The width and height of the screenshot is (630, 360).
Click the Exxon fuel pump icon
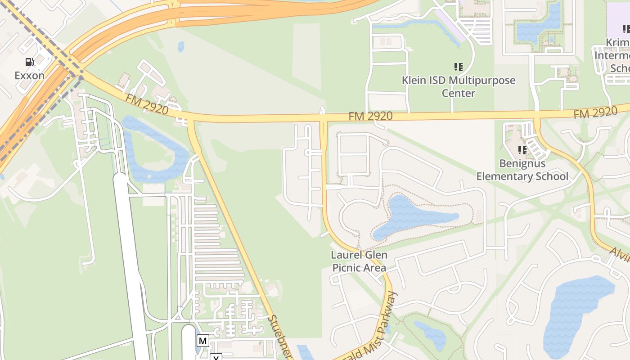(29, 62)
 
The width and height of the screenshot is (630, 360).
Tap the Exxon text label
(29, 75)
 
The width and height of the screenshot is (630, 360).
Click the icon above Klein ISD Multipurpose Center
(458, 67)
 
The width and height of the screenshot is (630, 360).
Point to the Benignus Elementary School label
(522, 170)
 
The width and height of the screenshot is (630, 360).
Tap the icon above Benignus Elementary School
(522, 150)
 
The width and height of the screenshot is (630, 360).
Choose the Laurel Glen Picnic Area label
(359, 261)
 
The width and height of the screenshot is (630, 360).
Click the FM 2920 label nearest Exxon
(147, 104)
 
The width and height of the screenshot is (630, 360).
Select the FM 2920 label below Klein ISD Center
(370, 117)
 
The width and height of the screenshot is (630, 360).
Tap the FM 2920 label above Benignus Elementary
(595, 113)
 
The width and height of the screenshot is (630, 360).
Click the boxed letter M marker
(202, 341)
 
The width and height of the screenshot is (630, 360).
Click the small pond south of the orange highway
(181, 46)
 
